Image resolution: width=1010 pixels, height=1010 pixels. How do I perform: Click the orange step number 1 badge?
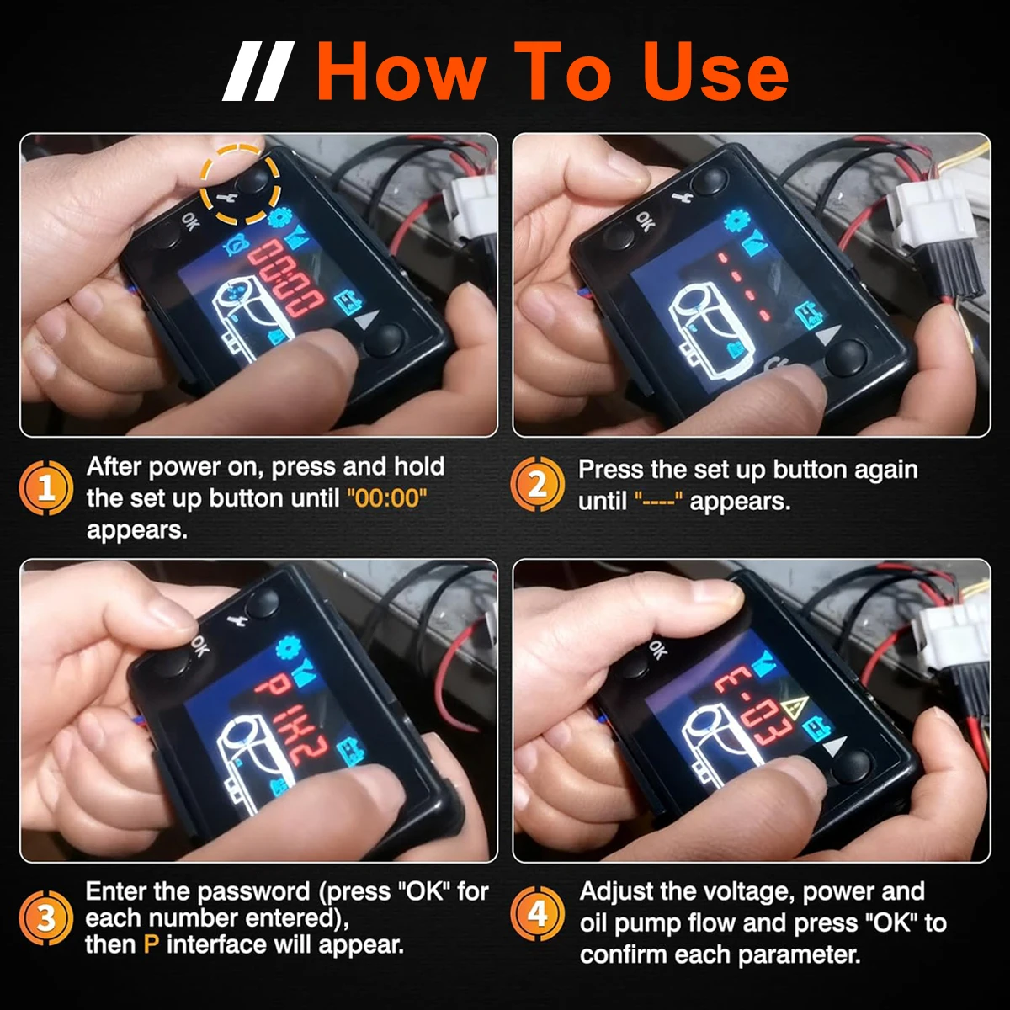click(x=45, y=487)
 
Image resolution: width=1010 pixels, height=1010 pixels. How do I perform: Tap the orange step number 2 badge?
click(x=537, y=484)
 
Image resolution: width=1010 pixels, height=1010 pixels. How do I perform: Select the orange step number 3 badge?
click(x=45, y=917)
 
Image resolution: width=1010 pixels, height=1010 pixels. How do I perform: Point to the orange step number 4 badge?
click(x=537, y=914)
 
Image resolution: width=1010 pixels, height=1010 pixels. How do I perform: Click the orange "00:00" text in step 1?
click(x=387, y=498)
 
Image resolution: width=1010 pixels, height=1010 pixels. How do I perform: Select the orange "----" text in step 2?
click(x=658, y=501)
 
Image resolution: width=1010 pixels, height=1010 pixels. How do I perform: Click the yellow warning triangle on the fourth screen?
click(x=794, y=708)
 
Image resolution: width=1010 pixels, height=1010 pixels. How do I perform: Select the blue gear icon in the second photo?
click(x=737, y=221)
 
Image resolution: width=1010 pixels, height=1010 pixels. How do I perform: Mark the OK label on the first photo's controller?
click(x=189, y=221)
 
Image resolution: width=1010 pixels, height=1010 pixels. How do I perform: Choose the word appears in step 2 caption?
click(x=740, y=502)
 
